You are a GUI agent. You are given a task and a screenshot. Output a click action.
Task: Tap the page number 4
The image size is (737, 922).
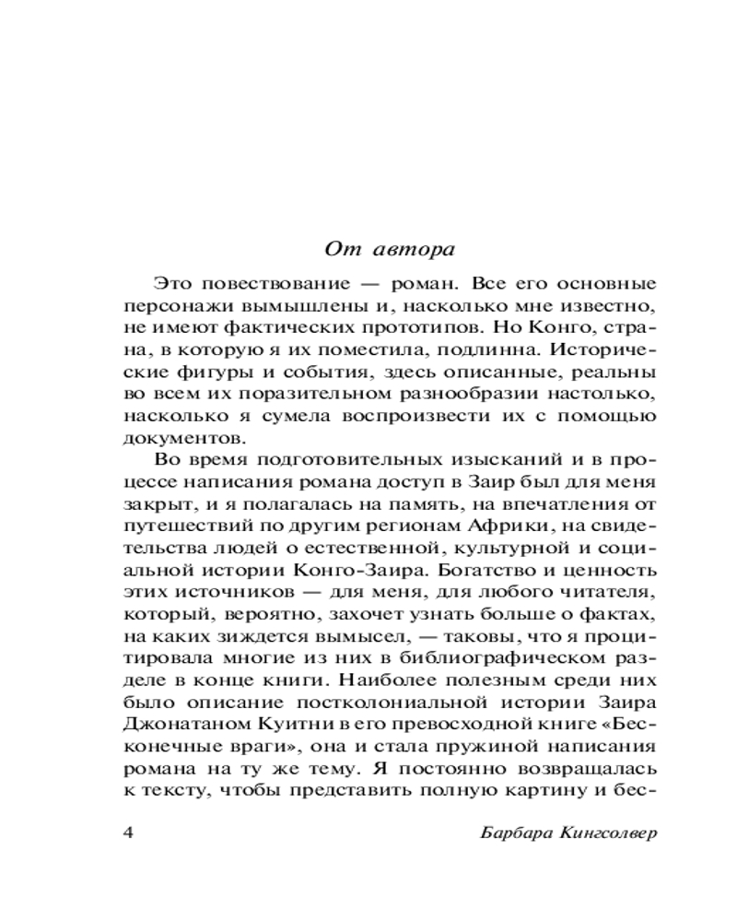128,833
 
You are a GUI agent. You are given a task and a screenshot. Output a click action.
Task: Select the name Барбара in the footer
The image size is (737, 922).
516,833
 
